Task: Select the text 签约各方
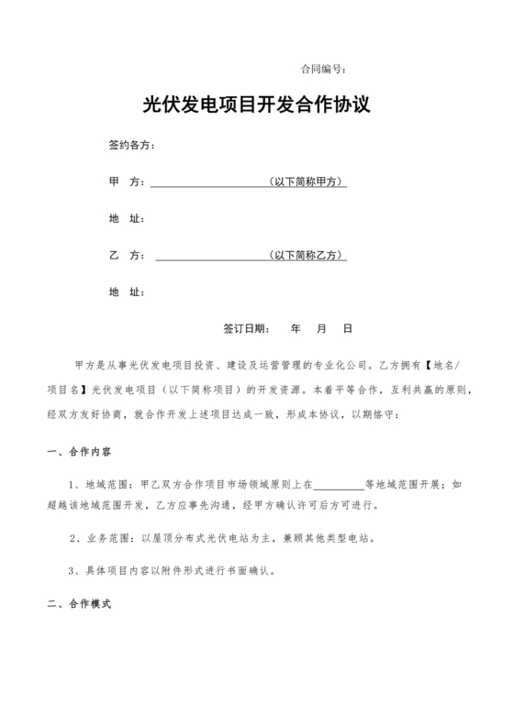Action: pyautogui.click(x=130, y=146)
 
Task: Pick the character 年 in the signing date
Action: pyautogui.click(x=296, y=327)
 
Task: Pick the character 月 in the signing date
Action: pyautogui.click(x=322, y=327)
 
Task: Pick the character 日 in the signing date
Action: pyautogui.click(x=348, y=327)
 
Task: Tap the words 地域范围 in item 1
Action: pyautogui.click(x=105, y=482)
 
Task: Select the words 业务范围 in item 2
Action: pyautogui.click(x=105, y=538)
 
